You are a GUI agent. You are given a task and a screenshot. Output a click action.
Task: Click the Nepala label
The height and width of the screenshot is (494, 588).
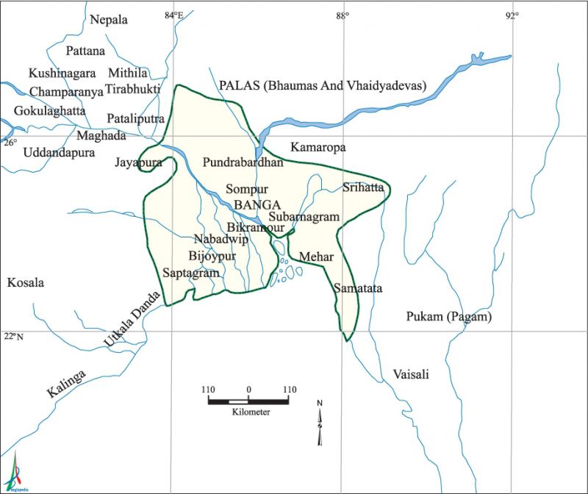[x=109, y=20]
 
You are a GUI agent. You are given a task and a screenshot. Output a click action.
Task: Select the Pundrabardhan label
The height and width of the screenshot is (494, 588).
[x=243, y=162]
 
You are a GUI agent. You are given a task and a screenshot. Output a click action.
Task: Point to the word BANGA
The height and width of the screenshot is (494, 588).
[x=257, y=205]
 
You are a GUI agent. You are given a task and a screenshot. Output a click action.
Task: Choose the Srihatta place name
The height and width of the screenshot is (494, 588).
[x=363, y=187]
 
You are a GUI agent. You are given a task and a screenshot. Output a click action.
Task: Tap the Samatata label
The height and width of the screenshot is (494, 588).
[x=358, y=289]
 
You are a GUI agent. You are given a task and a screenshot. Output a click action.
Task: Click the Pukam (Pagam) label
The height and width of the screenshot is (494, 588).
[x=448, y=317]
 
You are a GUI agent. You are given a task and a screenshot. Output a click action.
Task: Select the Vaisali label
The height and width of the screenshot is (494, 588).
[x=410, y=374]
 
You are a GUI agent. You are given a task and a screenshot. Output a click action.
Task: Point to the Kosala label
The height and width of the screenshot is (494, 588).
[x=25, y=283]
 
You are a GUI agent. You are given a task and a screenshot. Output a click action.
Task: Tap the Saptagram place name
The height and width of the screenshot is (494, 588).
[x=191, y=273]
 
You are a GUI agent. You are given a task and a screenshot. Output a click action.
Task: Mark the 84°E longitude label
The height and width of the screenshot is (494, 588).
[x=173, y=15]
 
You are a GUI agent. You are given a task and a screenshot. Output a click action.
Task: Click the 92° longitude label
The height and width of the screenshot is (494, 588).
[x=512, y=15]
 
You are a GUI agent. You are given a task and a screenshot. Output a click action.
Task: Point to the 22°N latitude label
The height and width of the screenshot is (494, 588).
[x=12, y=337]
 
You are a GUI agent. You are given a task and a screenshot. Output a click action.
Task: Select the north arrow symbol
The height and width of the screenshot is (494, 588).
[x=320, y=423]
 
